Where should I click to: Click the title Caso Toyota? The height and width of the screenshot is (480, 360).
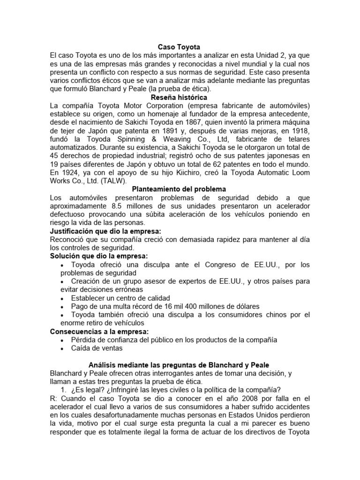(180, 47)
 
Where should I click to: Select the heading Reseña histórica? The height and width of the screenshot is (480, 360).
(180, 97)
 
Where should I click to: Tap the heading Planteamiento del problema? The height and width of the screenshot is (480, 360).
(179, 189)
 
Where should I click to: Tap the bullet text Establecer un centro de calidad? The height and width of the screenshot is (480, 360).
(120, 298)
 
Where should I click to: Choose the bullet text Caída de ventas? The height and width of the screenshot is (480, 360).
(97, 348)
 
